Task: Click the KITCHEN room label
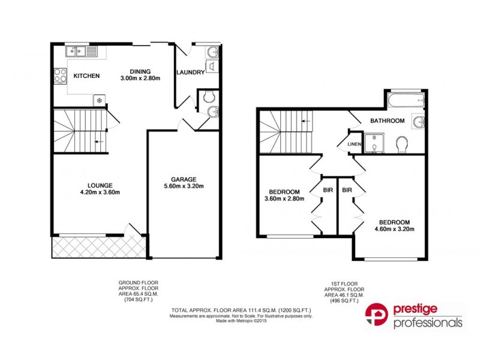click(x=86, y=76)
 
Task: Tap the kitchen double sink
click(x=80, y=51)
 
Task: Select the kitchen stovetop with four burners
click(x=60, y=76)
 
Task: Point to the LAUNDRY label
click(x=190, y=73)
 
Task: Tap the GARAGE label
click(x=184, y=178)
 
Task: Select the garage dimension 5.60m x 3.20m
click(x=184, y=186)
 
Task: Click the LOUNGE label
click(x=100, y=185)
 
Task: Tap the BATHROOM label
click(x=387, y=121)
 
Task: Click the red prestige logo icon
click(x=377, y=316)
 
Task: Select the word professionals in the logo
click(x=428, y=323)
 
